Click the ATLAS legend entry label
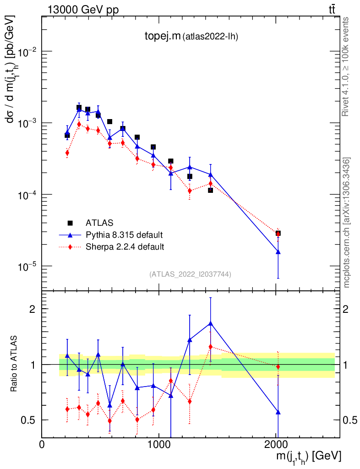click(99, 223)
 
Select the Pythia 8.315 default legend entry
click(124, 235)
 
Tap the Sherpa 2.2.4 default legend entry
click(125, 247)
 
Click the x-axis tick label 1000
click(159, 444)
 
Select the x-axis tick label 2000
click(276, 444)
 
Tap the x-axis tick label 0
click(42, 444)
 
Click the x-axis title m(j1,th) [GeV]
click(307, 456)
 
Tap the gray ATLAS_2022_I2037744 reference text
click(190, 274)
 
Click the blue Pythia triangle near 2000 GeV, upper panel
click(278, 252)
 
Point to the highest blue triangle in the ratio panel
click(210, 323)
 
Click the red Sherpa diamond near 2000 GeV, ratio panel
click(278, 367)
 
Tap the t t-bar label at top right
click(333, 9)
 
